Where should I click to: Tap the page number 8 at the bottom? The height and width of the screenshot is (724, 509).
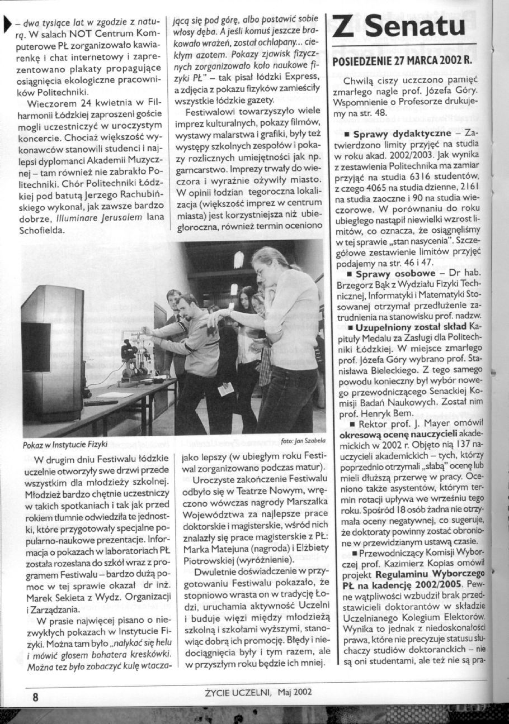click(x=35, y=697)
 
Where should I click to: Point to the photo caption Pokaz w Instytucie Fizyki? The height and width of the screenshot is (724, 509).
click(x=65, y=445)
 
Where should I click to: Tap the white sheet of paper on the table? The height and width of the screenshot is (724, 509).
click(x=115, y=394)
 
